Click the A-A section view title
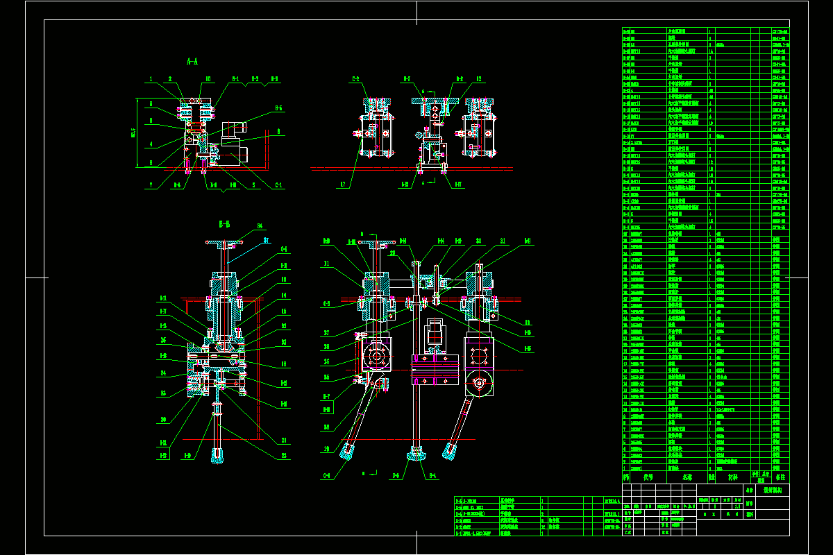click(x=193, y=61)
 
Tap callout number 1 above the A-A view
click(x=150, y=79)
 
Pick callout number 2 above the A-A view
click(x=170, y=79)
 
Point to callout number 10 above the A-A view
click(x=208, y=79)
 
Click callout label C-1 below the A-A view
click(x=279, y=185)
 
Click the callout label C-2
click(x=355, y=79)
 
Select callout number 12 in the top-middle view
click(x=479, y=79)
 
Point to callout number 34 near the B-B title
click(x=260, y=226)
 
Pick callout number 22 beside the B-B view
click(x=285, y=456)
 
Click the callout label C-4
click(x=326, y=476)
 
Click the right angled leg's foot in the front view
click(x=449, y=451)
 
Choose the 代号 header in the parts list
click(x=648, y=477)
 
